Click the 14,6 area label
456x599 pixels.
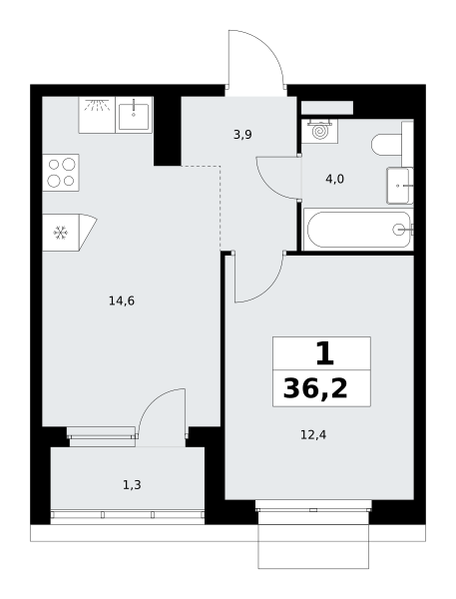click(122, 301)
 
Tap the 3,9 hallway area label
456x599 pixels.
click(242, 135)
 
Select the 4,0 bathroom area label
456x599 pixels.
click(334, 179)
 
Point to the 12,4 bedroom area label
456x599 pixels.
click(313, 434)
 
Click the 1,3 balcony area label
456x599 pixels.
click(132, 485)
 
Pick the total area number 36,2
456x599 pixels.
click(315, 389)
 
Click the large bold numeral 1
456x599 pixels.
click(325, 353)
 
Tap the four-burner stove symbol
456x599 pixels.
click(61, 173)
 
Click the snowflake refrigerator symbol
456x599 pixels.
click(60, 233)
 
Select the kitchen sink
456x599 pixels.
click(134, 115)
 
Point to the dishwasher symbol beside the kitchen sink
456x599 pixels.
click(97, 115)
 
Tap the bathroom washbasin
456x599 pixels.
click(400, 186)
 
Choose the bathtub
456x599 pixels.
click(358, 230)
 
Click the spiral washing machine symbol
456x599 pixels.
click(320, 131)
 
